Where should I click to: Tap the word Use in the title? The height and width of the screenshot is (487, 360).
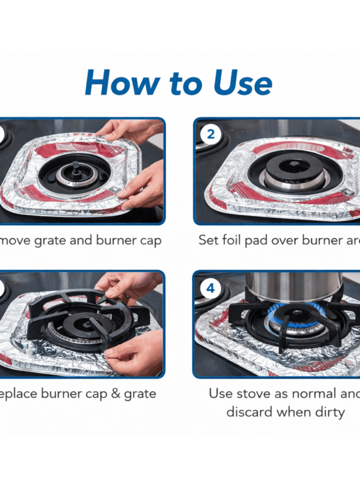pyautogui.click(x=243, y=83)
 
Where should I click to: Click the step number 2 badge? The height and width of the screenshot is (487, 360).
pyautogui.click(x=211, y=134)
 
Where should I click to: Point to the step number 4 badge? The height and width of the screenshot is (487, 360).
pyautogui.click(x=211, y=288)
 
